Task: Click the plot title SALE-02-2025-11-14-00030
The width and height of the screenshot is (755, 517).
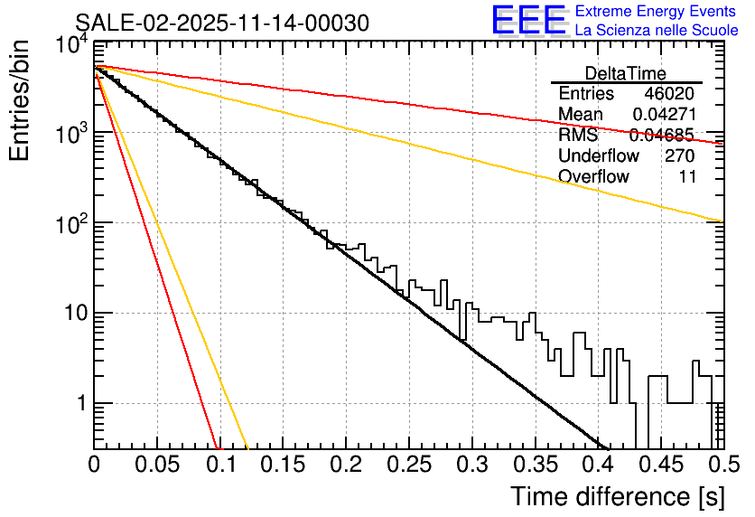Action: click(x=221, y=23)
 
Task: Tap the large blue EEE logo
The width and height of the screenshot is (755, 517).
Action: click(x=528, y=21)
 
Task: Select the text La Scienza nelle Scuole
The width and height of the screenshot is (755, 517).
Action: click(x=656, y=31)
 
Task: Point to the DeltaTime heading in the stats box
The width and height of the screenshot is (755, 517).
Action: click(x=626, y=73)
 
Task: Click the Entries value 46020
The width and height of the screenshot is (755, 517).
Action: click(x=669, y=94)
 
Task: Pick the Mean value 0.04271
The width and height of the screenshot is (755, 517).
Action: click(x=663, y=115)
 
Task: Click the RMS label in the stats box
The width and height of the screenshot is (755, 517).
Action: click(x=578, y=136)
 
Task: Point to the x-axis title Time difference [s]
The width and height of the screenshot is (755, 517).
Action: click(x=616, y=496)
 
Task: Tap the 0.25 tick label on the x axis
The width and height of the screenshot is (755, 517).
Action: click(x=407, y=465)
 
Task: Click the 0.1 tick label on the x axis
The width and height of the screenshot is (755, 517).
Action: click(x=219, y=465)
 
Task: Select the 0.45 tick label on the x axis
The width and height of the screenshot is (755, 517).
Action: click(x=658, y=465)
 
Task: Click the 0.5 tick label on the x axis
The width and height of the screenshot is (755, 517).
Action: click(x=720, y=465)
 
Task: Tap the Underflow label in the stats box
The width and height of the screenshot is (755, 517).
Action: click(x=598, y=155)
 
